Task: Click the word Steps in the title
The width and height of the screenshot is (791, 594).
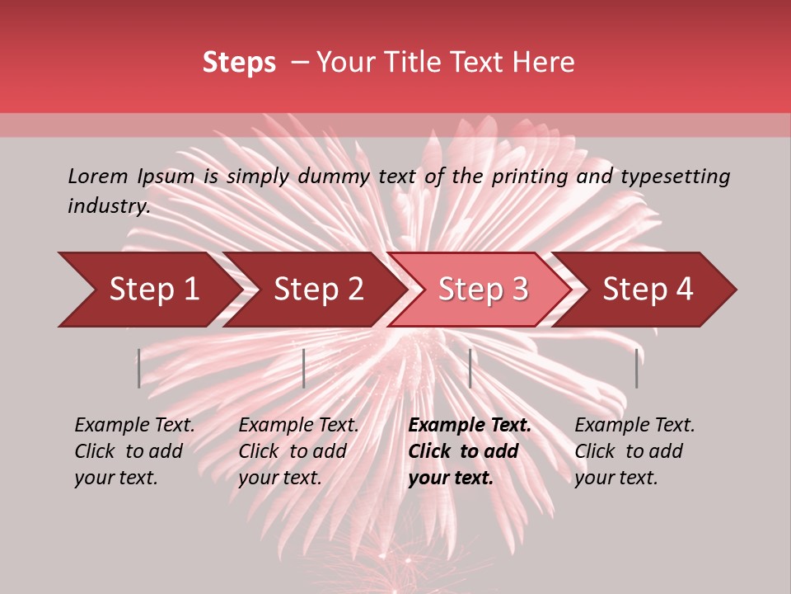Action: (239, 63)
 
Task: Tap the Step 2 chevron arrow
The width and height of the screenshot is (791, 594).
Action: (318, 290)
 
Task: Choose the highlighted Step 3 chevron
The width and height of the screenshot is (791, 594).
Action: (483, 290)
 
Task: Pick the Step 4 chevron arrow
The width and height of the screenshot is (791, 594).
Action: (648, 290)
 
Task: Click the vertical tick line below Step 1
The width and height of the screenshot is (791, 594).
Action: (139, 368)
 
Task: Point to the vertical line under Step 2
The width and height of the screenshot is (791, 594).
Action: (304, 368)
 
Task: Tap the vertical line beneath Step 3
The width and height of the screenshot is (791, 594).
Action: (470, 368)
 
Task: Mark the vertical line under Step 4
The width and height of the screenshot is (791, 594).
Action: (636, 368)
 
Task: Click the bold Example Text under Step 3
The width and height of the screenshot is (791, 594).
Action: (470, 451)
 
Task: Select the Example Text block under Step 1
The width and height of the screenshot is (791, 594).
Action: (134, 451)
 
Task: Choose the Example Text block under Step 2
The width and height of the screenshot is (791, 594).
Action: (298, 451)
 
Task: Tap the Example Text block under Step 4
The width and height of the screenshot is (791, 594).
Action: (634, 451)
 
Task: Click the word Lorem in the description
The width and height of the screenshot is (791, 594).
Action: (98, 177)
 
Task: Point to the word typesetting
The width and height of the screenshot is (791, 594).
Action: (675, 177)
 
